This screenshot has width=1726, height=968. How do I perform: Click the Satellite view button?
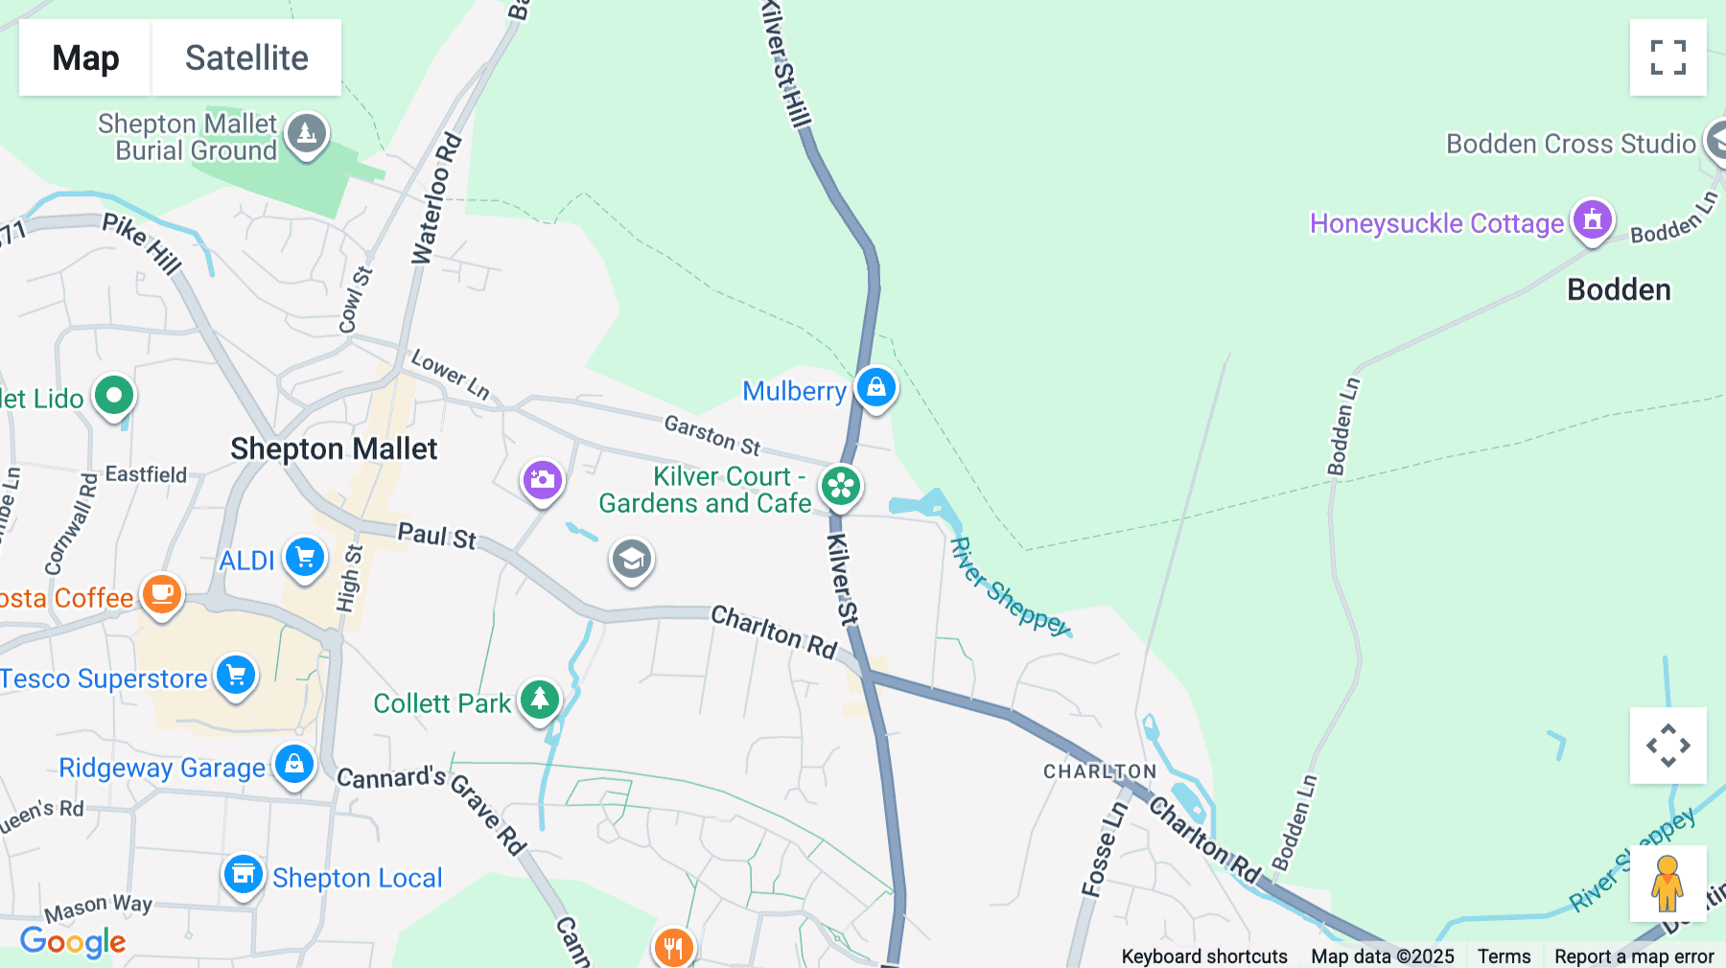click(246, 58)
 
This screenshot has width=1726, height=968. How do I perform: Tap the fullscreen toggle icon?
click(1668, 58)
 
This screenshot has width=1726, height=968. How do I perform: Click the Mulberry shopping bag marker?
click(875, 388)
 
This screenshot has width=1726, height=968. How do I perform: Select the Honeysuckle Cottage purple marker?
click(1592, 220)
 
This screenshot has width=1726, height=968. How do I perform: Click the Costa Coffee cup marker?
click(162, 594)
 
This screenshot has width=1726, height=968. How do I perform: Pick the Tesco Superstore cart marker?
click(236, 676)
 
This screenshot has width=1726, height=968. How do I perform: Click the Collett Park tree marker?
click(540, 700)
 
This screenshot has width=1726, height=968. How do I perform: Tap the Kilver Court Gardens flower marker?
click(841, 486)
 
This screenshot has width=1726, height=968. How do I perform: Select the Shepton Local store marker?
click(244, 875)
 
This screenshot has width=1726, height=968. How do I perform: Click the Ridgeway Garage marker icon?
click(294, 765)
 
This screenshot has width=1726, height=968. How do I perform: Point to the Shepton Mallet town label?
click(334, 449)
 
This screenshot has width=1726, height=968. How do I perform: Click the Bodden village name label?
click(1619, 289)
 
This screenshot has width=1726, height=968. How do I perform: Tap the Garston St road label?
click(711, 435)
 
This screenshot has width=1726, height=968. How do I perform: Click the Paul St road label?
click(436, 536)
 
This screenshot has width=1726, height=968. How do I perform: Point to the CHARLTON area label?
click(1100, 772)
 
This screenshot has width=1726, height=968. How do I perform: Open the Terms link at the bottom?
click(1504, 956)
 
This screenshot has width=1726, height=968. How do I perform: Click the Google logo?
click(73, 941)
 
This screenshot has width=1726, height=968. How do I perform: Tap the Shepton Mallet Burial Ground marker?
click(307, 134)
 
